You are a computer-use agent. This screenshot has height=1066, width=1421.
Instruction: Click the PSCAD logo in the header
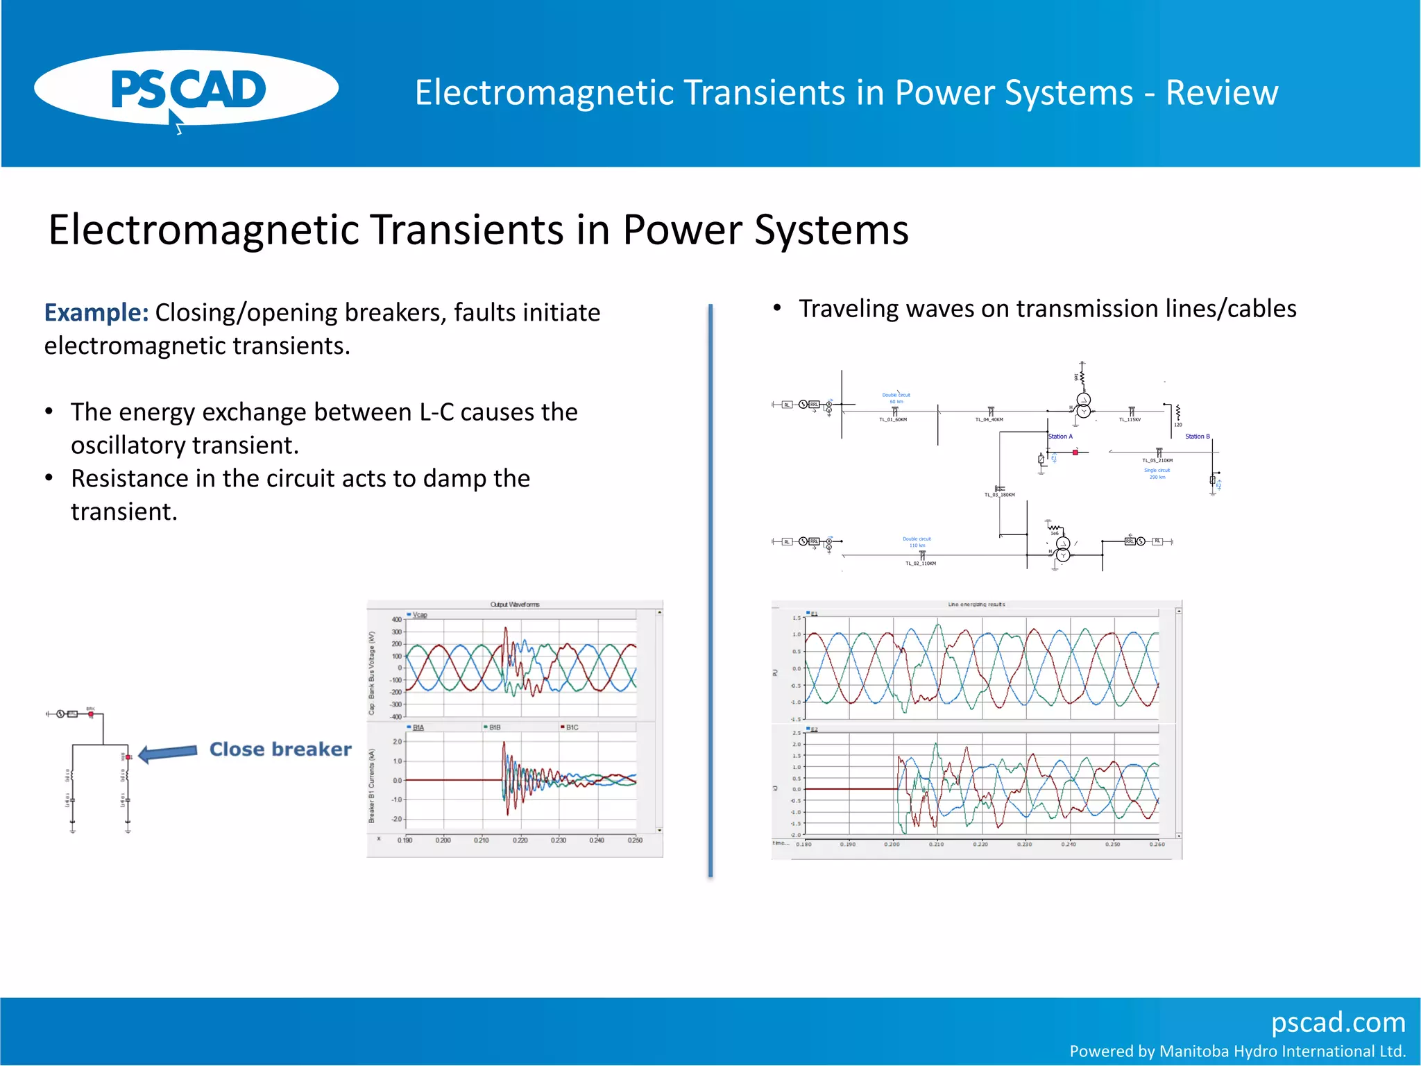pos(186,89)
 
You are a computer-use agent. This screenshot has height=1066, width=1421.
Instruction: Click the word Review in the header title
pos(1221,92)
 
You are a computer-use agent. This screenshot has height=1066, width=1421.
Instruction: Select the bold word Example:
pos(96,313)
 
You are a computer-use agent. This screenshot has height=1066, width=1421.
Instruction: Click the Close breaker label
pos(280,750)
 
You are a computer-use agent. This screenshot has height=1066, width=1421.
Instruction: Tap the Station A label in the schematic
pos(1060,437)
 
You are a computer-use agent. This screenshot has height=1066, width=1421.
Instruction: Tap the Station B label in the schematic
pos(1197,437)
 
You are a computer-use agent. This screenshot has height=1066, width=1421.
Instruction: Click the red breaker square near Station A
pos(1075,452)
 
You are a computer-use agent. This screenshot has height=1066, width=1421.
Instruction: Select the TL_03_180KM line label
pos(999,495)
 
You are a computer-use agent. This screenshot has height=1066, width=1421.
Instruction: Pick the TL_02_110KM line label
pos(920,564)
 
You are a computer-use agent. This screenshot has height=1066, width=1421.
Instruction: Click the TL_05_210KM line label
pos(1157,461)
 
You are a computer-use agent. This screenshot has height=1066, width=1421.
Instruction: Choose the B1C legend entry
pos(571,727)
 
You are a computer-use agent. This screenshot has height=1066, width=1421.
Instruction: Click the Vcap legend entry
pos(419,615)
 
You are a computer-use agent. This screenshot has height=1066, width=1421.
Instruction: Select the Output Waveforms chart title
pos(514,604)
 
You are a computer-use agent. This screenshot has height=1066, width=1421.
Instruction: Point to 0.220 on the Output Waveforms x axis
pos(520,840)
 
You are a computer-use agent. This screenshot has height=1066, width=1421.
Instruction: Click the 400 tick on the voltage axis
pos(396,620)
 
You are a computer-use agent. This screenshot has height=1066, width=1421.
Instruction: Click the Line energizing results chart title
pos(976,604)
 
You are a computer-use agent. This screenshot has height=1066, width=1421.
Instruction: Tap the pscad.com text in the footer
pos(1338,1022)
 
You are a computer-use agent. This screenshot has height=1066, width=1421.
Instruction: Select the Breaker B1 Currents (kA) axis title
pos(372,786)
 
